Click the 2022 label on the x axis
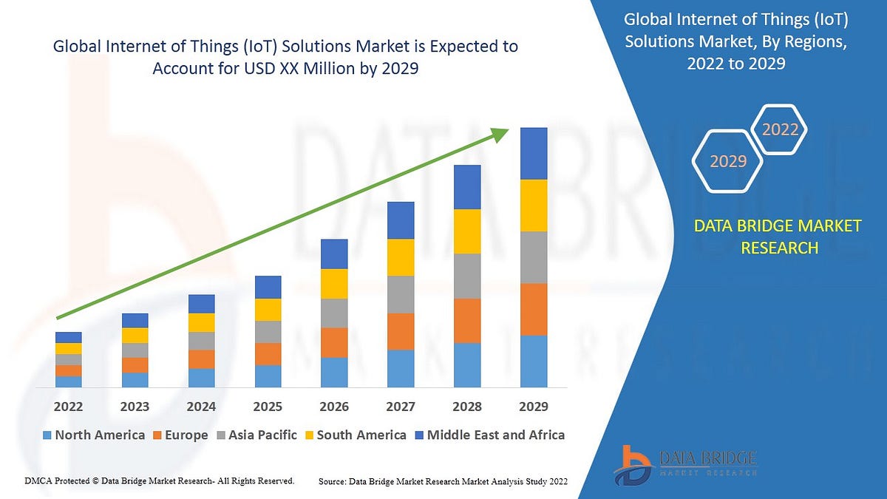click(x=68, y=407)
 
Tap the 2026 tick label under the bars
click(x=334, y=407)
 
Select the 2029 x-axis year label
click(x=534, y=407)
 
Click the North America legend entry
click(x=93, y=435)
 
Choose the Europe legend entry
click(x=180, y=435)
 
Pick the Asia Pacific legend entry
click(x=256, y=435)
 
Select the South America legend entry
click(x=355, y=435)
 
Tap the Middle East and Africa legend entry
click(x=489, y=435)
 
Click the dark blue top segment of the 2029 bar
click(x=534, y=153)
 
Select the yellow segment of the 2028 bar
click(x=467, y=231)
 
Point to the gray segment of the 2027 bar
click(x=401, y=294)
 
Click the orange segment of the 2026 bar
click(x=334, y=342)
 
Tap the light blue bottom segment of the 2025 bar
click(x=268, y=376)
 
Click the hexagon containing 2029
click(x=728, y=160)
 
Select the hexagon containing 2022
click(x=780, y=129)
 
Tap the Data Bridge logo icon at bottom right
click(x=633, y=464)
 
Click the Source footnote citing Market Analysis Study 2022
click(x=443, y=481)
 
